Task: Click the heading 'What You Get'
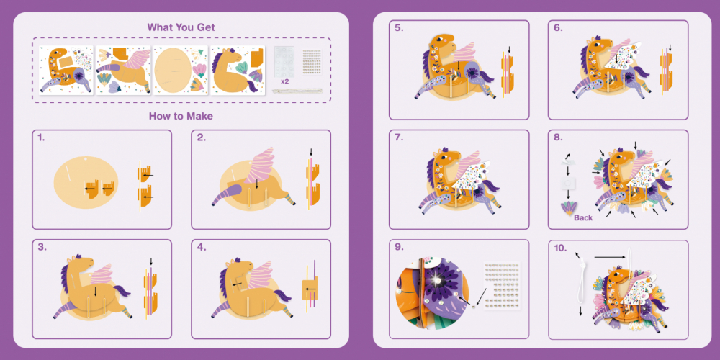click(181, 27)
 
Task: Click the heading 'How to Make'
click(181, 116)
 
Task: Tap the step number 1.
click(41, 138)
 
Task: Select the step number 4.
click(202, 247)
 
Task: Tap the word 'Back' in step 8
click(583, 217)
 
